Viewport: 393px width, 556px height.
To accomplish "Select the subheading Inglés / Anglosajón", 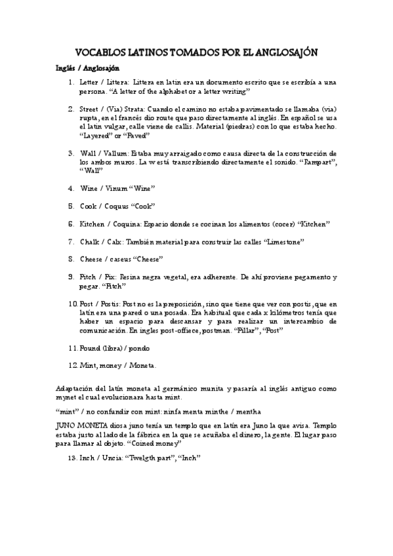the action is coord(87,68).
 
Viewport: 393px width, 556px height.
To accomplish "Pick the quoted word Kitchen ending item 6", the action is coord(314,224).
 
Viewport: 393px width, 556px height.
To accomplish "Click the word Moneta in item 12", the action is coord(143,365).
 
